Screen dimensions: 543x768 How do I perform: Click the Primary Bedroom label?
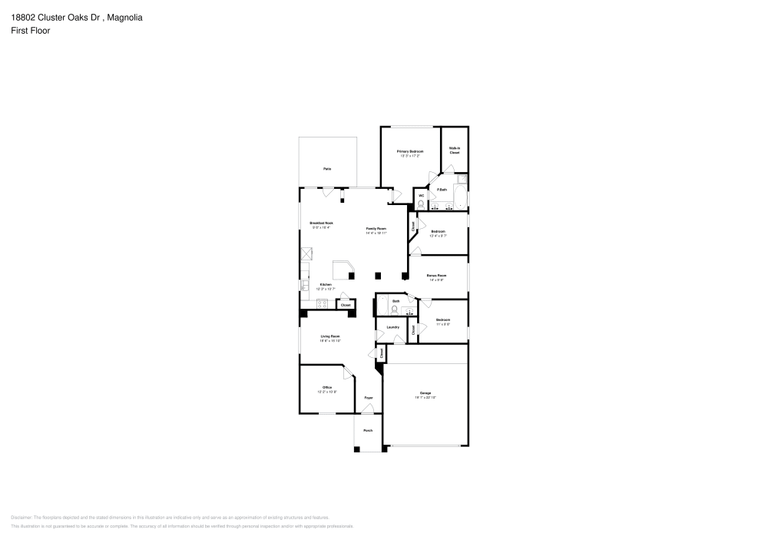(x=409, y=152)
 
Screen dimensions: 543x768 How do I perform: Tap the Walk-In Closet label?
(x=454, y=151)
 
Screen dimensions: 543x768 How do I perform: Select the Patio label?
(x=327, y=168)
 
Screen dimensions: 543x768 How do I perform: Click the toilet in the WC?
(x=421, y=204)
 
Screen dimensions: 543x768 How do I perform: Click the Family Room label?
(x=376, y=229)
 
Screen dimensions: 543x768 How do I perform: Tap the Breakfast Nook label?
(x=322, y=223)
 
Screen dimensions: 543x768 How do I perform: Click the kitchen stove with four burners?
(x=322, y=304)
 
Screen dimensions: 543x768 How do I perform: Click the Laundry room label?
(x=392, y=327)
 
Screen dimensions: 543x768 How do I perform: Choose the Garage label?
(x=425, y=392)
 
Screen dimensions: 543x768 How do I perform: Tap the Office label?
(x=326, y=387)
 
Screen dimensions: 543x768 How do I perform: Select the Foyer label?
(x=369, y=398)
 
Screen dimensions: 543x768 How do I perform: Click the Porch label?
(x=368, y=430)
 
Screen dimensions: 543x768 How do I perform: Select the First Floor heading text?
(x=31, y=31)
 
